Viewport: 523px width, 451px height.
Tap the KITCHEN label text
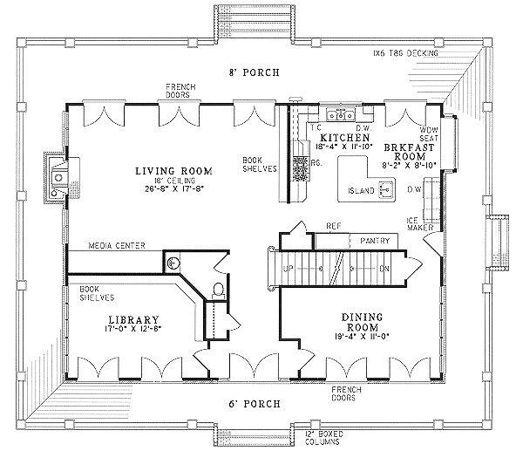(x=341, y=139)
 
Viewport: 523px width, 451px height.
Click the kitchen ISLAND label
(x=360, y=190)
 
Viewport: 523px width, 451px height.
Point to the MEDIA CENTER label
(x=117, y=246)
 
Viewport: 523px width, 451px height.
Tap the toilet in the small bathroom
(x=218, y=290)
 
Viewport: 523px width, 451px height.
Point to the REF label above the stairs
(x=333, y=225)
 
